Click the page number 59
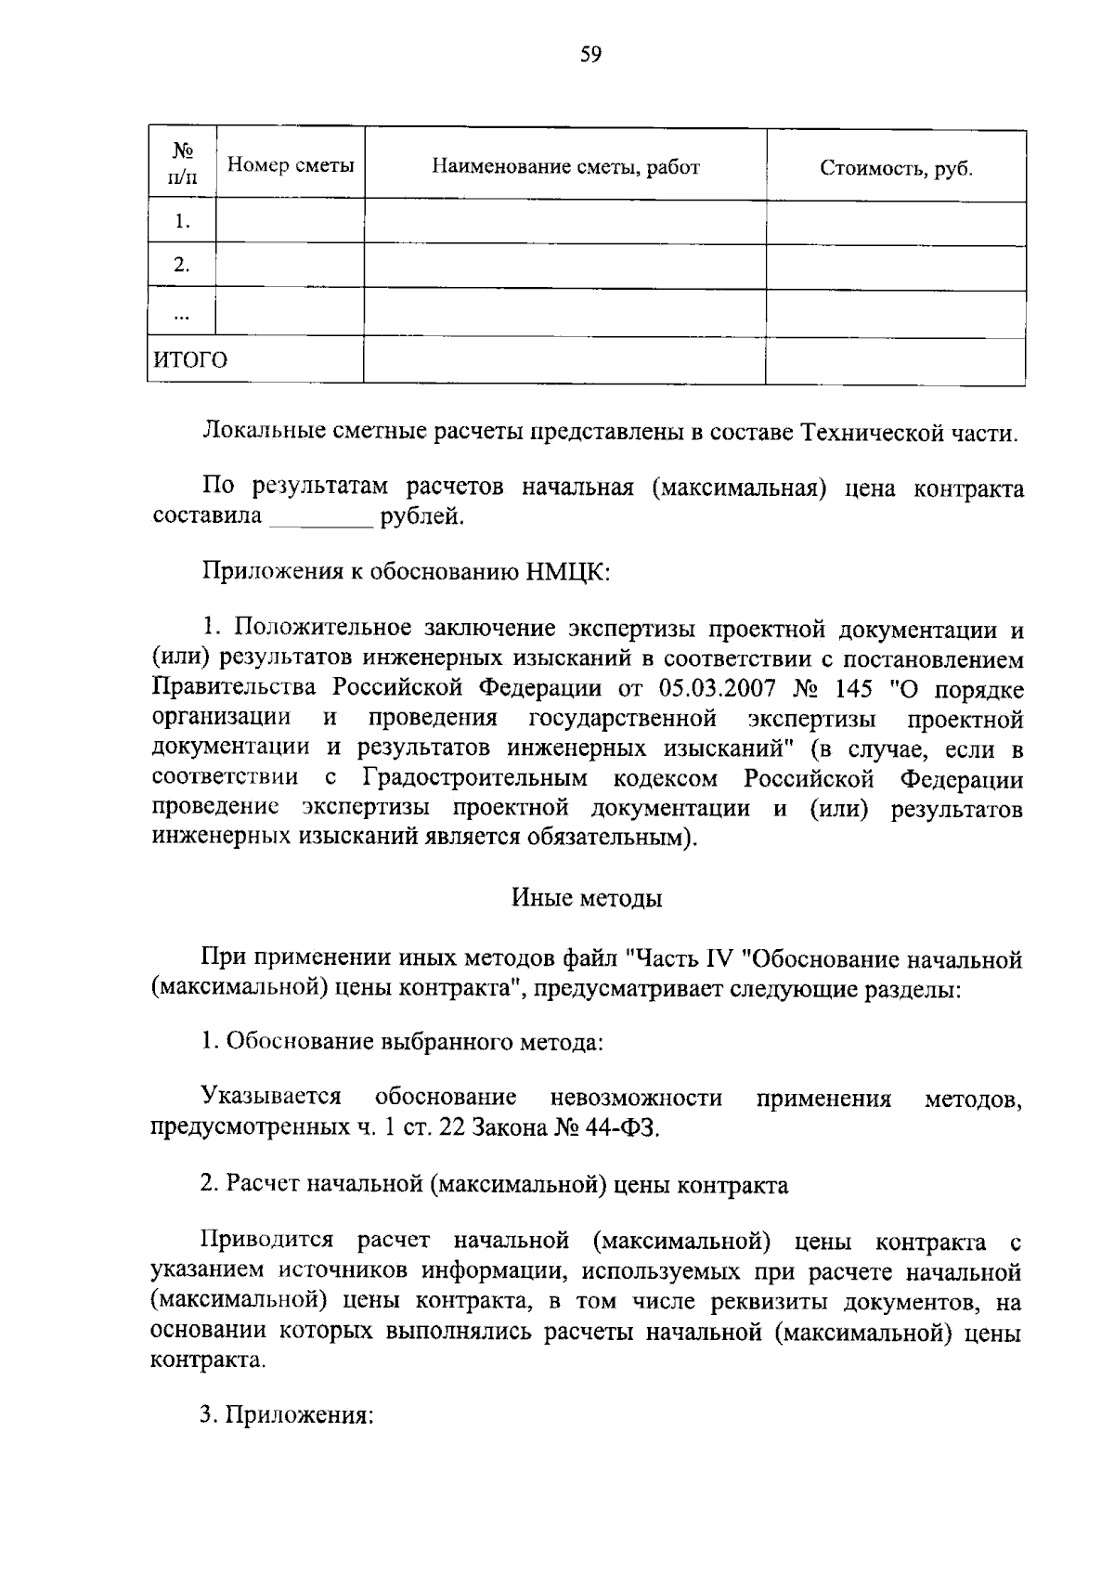[x=590, y=55]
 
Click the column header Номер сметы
[x=291, y=166]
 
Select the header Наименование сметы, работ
[x=565, y=167]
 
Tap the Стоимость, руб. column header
[x=896, y=168]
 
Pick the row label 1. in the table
[x=182, y=222]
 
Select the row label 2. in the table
[x=182, y=266]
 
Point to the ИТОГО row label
[x=190, y=360]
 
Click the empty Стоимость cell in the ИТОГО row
[x=895, y=360]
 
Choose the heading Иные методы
[x=587, y=899]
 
